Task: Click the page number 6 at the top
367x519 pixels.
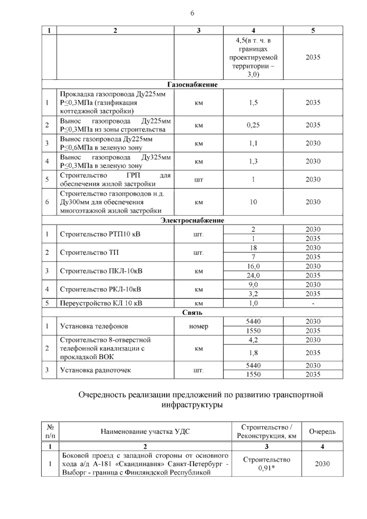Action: pyautogui.click(x=192, y=13)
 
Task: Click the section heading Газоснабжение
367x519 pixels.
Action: pyautogui.click(x=192, y=84)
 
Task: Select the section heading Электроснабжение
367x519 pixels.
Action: pyautogui.click(x=192, y=220)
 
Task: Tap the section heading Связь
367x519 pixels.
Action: pyautogui.click(x=192, y=312)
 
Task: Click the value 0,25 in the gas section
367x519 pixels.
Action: pyautogui.click(x=253, y=125)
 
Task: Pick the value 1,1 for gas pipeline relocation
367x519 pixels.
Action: pyautogui.click(x=253, y=143)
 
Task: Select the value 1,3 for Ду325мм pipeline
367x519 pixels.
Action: pyautogui.click(x=253, y=161)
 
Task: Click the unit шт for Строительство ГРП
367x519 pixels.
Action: pyautogui.click(x=199, y=180)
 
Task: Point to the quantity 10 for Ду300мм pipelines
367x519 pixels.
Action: pyautogui.click(x=253, y=202)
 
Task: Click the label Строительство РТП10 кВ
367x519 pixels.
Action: pyautogui.click(x=100, y=234)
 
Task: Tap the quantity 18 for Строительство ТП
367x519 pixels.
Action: pyautogui.click(x=253, y=248)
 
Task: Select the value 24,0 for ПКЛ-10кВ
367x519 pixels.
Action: pyautogui.click(x=253, y=275)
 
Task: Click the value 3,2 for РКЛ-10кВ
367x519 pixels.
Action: pyautogui.click(x=253, y=294)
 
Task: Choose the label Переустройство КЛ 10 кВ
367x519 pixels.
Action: pyautogui.click(x=101, y=303)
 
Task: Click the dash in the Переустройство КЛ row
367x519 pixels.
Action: pyautogui.click(x=313, y=304)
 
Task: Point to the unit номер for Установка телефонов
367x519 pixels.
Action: pyautogui.click(x=199, y=326)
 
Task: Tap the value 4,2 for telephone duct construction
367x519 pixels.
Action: pyautogui.click(x=253, y=340)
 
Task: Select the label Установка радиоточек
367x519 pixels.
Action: pyautogui.click(x=95, y=370)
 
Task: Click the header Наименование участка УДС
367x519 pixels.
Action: pyautogui.click(x=145, y=431)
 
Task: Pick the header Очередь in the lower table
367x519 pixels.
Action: pyautogui.click(x=322, y=431)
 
